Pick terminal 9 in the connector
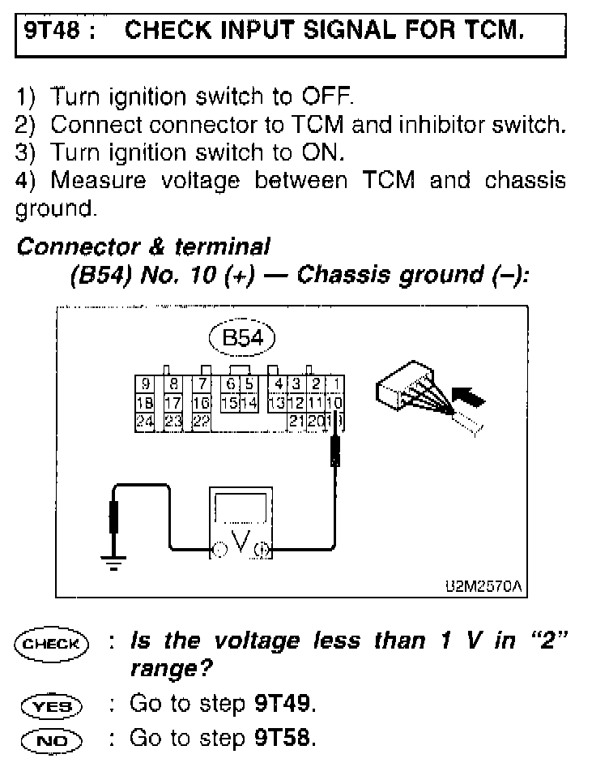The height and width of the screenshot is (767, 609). point(145,386)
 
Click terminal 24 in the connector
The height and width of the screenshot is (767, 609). point(145,419)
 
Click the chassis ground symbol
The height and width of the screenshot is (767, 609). point(113,561)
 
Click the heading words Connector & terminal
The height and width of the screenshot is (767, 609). point(143,246)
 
